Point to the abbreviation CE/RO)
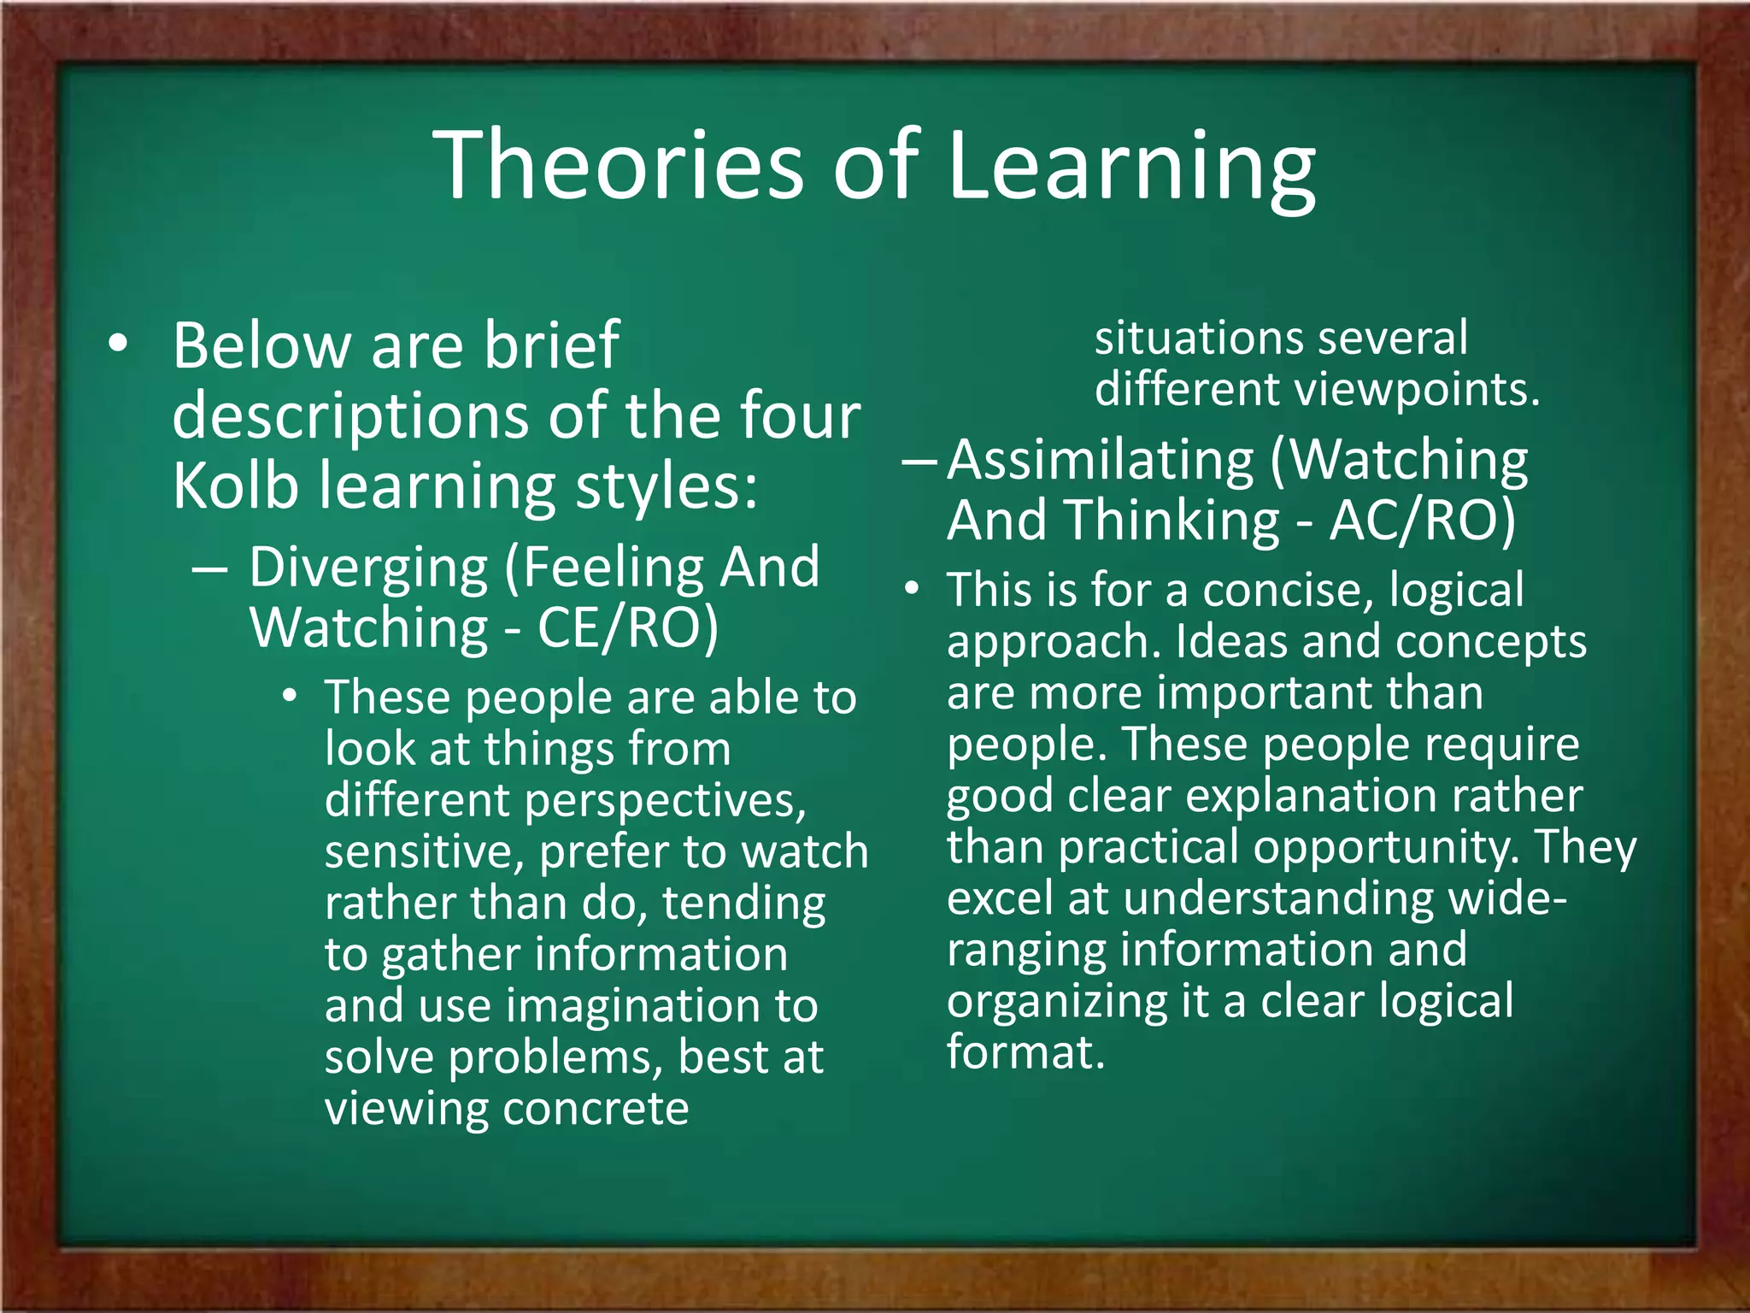click(x=628, y=628)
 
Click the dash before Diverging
click(x=209, y=568)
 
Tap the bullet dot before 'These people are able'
click(x=291, y=696)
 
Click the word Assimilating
click(x=1101, y=462)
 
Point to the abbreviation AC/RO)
click(x=1422, y=521)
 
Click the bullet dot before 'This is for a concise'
click(x=913, y=590)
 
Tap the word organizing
click(x=1057, y=1004)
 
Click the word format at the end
click(x=1025, y=1052)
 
